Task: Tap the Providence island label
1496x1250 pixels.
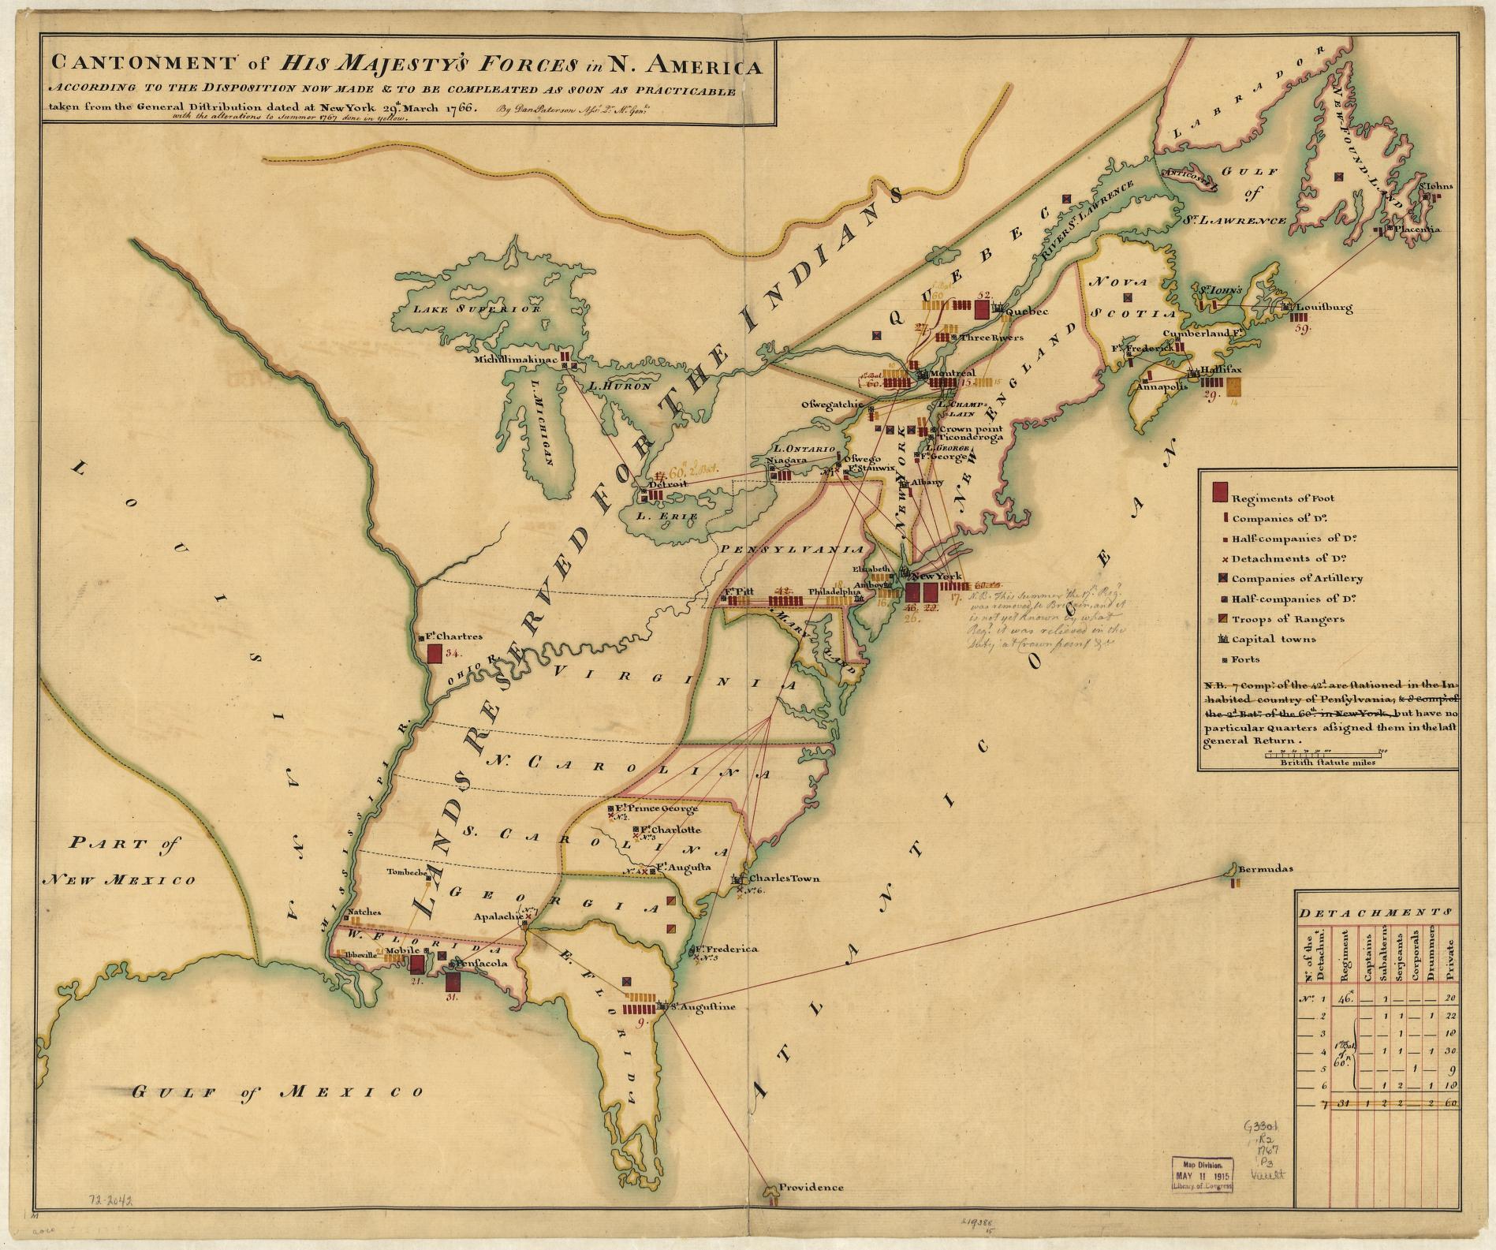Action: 811,1209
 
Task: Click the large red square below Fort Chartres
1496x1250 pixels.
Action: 435,654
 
